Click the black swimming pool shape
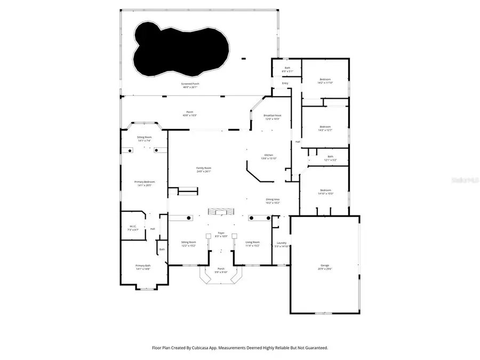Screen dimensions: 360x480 pyautogui.click(x=181, y=48)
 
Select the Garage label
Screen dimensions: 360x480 pyautogui.click(x=325, y=265)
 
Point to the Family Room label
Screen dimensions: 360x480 pyautogui.click(x=204, y=168)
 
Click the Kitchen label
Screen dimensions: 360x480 pyautogui.click(x=267, y=155)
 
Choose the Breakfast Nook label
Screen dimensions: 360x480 pyautogui.click(x=273, y=115)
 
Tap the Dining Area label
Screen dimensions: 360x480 pyautogui.click(x=273, y=199)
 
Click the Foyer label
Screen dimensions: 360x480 pyautogui.click(x=221, y=233)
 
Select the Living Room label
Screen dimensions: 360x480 pyautogui.click(x=252, y=242)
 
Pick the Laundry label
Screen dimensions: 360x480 pyautogui.click(x=281, y=243)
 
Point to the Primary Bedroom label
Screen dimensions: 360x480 pyautogui.click(x=143, y=182)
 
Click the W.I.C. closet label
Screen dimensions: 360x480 pyautogui.click(x=133, y=226)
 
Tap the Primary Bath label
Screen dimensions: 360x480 pyautogui.click(x=143, y=266)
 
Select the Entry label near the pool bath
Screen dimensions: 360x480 pyautogui.click(x=285, y=83)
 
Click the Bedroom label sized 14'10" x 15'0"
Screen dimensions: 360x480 pyautogui.click(x=325, y=190)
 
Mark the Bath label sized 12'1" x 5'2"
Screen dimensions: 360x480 pyautogui.click(x=330, y=156)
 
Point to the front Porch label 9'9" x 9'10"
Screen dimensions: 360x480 pyautogui.click(x=221, y=268)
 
